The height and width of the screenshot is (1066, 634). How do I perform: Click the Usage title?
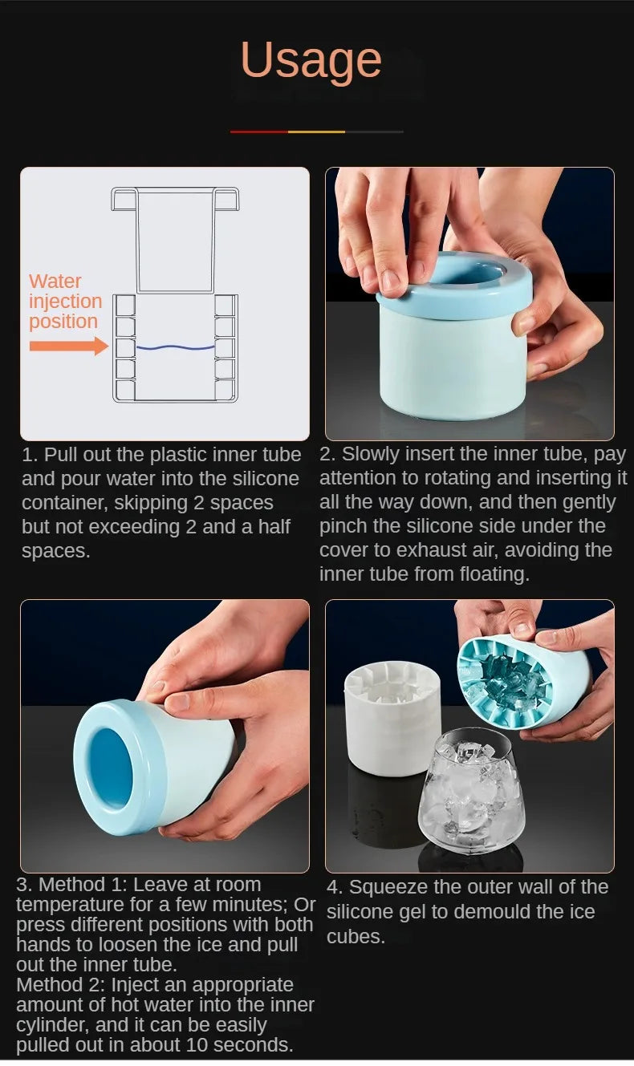[x=311, y=61]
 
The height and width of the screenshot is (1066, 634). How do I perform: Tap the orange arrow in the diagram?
[x=69, y=346]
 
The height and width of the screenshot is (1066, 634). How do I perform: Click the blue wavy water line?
[x=175, y=347]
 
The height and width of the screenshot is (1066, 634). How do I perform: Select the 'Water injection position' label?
[x=65, y=301]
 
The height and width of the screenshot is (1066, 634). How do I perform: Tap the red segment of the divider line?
[x=259, y=132]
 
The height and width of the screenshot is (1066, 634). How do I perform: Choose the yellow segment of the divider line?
[x=316, y=132]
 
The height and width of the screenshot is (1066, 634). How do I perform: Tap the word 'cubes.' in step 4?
[x=356, y=937]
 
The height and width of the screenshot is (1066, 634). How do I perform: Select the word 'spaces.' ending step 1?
[x=55, y=551]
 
